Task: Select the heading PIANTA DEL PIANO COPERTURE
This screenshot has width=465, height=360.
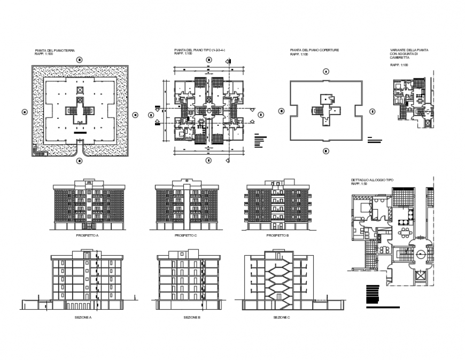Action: coord(314,50)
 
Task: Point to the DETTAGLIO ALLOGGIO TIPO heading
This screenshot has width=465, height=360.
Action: coord(372,180)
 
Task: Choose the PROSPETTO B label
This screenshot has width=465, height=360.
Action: coord(277,235)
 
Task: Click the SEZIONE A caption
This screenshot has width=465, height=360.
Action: coord(83,317)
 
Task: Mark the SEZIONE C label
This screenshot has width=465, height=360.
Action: coord(281,317)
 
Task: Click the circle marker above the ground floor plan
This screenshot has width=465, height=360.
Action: coord(80,58)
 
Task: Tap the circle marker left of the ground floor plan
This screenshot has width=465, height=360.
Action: coord(24,112)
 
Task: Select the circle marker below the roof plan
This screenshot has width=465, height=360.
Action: coord(325,151)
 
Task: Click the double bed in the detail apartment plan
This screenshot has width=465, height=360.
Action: coord(365,208)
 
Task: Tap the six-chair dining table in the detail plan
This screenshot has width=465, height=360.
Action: coord(406,232)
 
